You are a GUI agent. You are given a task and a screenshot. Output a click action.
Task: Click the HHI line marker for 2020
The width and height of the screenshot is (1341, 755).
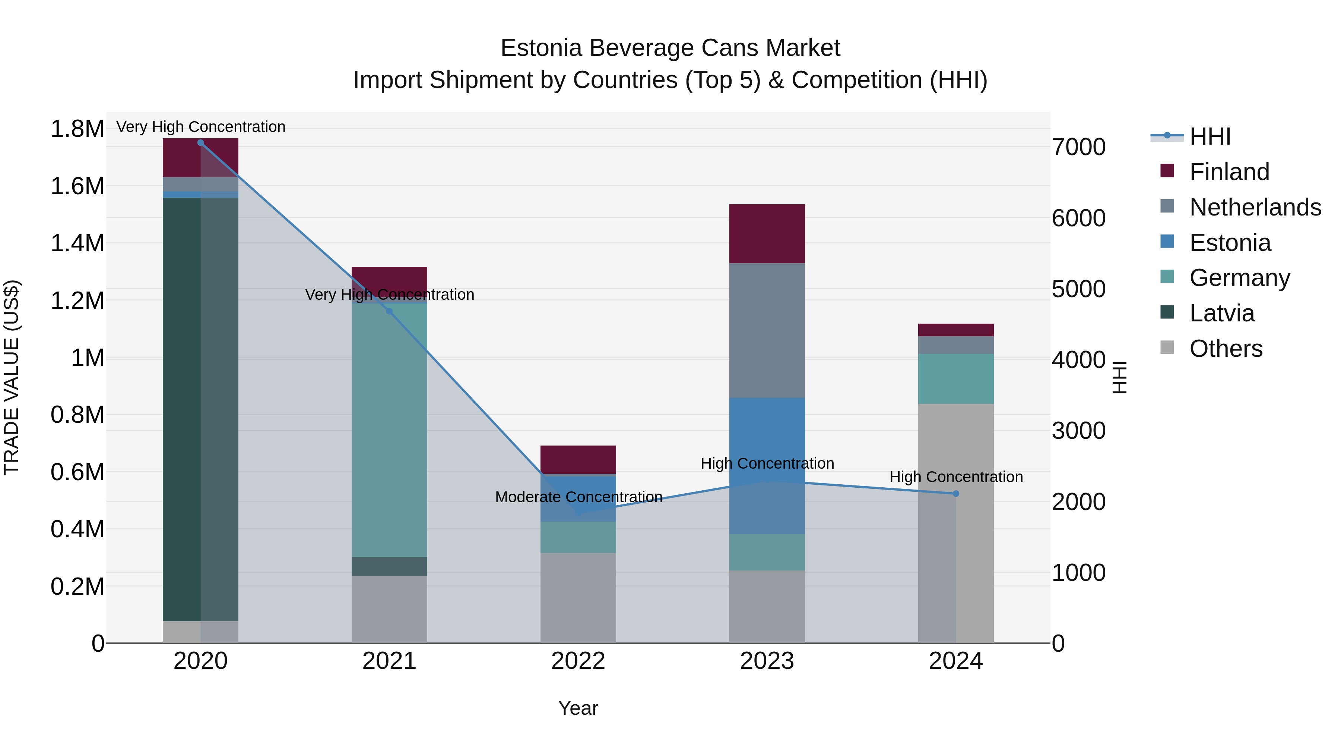[200, 143]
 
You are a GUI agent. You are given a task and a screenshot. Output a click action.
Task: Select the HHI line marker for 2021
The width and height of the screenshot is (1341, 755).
[389, 311]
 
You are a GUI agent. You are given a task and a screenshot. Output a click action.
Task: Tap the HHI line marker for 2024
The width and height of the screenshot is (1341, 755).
[956, 493]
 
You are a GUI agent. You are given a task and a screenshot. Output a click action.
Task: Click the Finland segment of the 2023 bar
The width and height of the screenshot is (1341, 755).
[767, 233]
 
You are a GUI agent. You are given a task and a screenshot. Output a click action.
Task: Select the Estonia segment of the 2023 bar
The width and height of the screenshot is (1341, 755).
[767, 465]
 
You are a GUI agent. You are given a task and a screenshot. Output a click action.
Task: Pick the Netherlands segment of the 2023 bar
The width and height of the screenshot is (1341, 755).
[767, 330]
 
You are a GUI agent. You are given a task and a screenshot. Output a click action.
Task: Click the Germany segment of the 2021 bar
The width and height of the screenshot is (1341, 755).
[389, 430]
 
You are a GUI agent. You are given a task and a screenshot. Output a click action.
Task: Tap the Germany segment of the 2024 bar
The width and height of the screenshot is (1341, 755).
[956, 379]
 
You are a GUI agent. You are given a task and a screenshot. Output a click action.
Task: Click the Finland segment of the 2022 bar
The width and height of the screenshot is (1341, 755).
[578, 460]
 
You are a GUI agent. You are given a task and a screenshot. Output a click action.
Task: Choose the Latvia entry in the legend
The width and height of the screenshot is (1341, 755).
[1221, 313]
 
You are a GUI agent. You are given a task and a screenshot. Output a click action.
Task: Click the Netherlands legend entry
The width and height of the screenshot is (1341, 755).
[1255, 207]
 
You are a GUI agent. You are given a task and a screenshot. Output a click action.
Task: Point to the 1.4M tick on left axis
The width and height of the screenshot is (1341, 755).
[77, 243]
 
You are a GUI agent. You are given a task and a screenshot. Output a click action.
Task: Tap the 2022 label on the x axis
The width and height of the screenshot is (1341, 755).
[578, 661]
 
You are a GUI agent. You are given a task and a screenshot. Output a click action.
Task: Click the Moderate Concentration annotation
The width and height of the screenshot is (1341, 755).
[578, 497]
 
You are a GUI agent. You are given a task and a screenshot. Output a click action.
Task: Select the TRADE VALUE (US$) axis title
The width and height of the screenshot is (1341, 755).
[12, 377]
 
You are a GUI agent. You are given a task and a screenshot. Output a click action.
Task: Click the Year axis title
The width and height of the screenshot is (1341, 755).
[578, 708]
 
